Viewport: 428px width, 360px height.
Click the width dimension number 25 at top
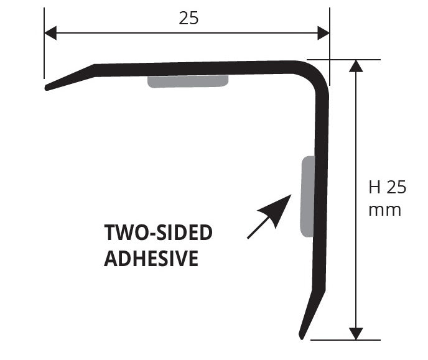188,19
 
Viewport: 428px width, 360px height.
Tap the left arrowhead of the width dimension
50,33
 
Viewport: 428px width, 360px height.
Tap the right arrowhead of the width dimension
323,33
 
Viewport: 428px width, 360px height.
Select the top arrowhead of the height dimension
356,66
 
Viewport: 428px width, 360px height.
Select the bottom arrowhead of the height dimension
356,333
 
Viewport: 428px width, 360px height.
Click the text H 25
388,187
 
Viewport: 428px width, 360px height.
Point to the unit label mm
385,210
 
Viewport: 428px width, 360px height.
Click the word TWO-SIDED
158,233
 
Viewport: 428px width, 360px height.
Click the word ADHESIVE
151,258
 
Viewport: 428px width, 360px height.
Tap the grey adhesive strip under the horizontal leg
188,81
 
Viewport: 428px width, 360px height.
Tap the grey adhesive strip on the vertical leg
308,196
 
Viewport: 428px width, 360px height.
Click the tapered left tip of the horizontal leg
47,88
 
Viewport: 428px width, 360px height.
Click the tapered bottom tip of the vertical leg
301,336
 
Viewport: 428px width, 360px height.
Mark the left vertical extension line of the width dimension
44,43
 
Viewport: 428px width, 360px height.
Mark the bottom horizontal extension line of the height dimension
345,340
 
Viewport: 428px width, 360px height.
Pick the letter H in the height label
374,187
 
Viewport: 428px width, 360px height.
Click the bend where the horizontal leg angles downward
94,70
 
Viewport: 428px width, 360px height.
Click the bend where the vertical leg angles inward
319,290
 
